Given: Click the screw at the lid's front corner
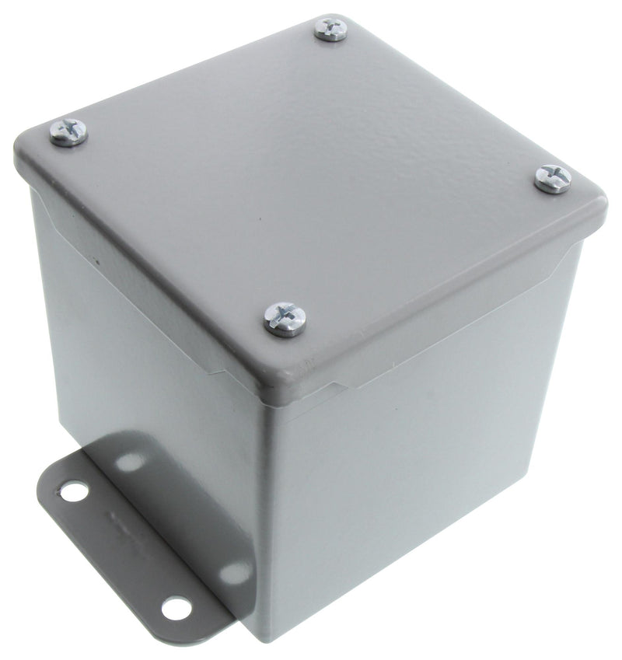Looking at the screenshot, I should coord(285,318).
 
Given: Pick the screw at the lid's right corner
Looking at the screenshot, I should coord(553,178).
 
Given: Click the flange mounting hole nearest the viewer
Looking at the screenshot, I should coord(176,608).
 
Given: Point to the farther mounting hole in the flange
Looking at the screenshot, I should coord(75,491).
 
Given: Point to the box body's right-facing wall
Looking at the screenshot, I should coord(420,482).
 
